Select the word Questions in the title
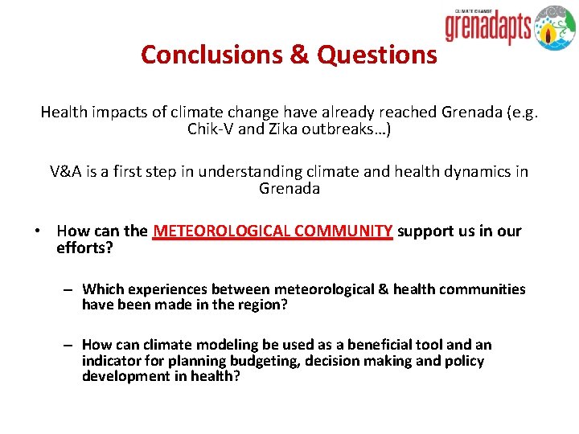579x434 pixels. (x=377, y=54)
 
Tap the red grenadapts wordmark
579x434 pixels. (x=488, y=28)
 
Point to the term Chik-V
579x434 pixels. (x=211, y=129)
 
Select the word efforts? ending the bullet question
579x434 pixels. (x=84, y=248)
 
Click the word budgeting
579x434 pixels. (x=261, y=360)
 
